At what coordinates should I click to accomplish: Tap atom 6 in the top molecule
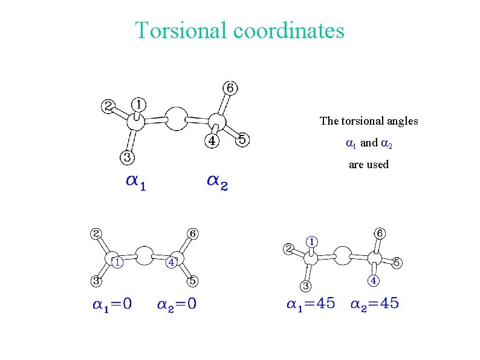(x=230, y=88)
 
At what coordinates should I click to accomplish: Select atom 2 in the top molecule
(x=108, y=107)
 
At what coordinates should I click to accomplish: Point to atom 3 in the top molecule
(x=128, y=157)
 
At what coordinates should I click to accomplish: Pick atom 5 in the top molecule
(x=242, y=140)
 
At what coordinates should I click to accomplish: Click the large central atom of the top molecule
(x=176, y=119)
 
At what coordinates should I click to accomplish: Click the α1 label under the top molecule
(x=135, y=182)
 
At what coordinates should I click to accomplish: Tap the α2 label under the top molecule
(x=217, y=182)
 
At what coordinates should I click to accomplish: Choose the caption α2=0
(x=177, y=304)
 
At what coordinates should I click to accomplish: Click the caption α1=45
(x=310, y=304)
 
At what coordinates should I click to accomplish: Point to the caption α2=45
(x=375, y=304)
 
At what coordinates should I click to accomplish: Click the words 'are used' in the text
(x=369, y=165)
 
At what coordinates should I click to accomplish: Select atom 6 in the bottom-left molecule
(x=192, y=234)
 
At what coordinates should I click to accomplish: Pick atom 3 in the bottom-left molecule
(x=96, y=281)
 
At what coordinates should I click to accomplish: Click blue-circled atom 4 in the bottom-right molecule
(x=374, y=281)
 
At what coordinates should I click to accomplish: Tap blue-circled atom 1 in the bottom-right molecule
(x=311, y=241)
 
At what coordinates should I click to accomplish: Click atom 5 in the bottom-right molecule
(x=397, y=263)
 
